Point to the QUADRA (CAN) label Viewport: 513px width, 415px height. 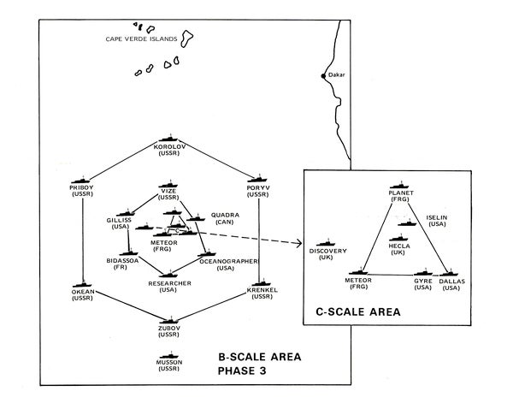pyautogui.click(x=225, y=219)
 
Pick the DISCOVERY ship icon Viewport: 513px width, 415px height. pyautogui.click(x=326, y=244)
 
